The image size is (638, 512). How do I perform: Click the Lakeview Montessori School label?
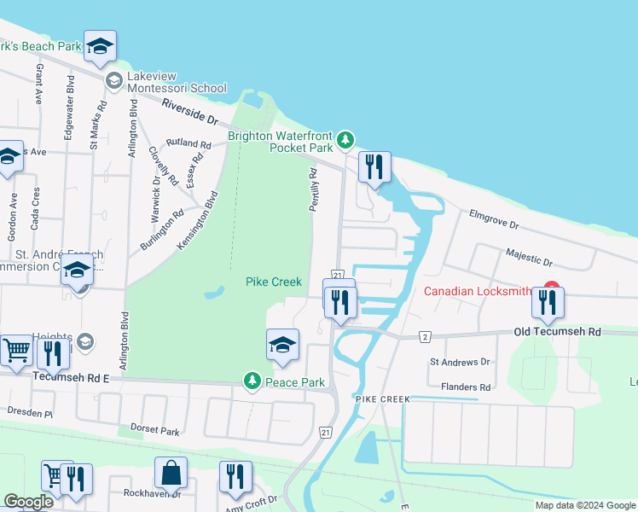[177, 88]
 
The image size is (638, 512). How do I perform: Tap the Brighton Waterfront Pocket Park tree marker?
[345, 139]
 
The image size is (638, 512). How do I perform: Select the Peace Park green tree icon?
[252, 381]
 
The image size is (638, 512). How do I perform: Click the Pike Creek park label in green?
[274, 282]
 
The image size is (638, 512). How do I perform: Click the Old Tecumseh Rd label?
[557, 331]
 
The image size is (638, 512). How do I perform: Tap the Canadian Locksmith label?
[478, 292]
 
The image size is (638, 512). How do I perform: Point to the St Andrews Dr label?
[460, 362]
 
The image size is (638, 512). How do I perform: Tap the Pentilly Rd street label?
[313, 189]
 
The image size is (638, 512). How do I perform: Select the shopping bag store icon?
[171, 473]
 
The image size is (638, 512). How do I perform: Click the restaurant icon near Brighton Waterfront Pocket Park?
[373, 166]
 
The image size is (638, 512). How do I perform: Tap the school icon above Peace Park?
[283, 344]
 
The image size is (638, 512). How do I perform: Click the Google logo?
[28, 502]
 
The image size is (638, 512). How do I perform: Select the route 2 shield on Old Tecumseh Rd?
[424, 337]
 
